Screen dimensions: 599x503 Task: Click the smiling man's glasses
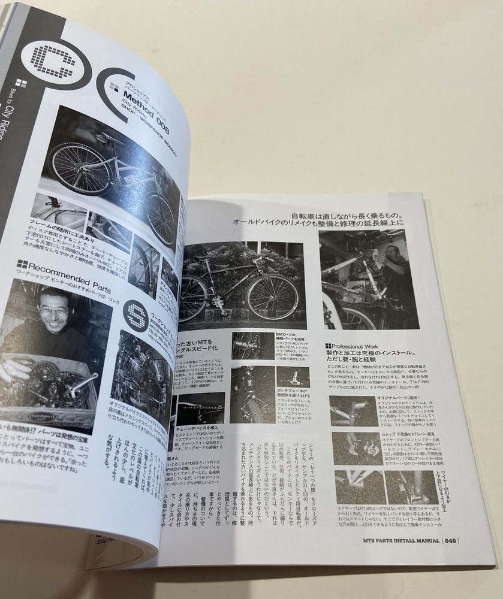click(54, 311)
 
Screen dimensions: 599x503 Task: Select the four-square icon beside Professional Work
click(329, 346)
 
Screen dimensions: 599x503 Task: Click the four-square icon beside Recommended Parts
click(22, 263)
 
